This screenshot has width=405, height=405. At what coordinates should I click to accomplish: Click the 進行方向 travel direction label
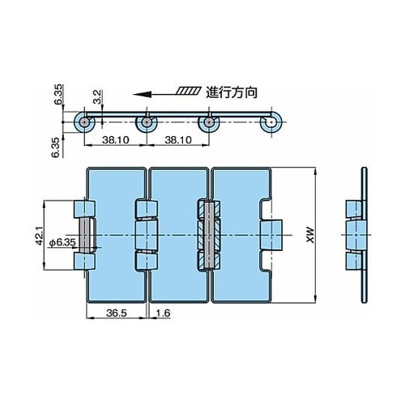232,92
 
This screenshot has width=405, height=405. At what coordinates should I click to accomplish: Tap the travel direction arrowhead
142,94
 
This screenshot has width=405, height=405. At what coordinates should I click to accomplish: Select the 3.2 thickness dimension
97,97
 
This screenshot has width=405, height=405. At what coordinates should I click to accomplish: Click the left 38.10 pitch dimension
115,140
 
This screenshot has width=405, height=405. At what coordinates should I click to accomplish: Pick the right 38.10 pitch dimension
178,140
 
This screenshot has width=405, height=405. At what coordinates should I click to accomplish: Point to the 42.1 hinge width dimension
40,236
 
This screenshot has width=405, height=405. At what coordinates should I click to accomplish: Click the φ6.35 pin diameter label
62,243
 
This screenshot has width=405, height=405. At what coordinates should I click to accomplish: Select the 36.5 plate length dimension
116,313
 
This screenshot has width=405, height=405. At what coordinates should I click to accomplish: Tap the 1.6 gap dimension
163,313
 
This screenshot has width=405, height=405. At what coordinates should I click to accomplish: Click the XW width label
311,236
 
